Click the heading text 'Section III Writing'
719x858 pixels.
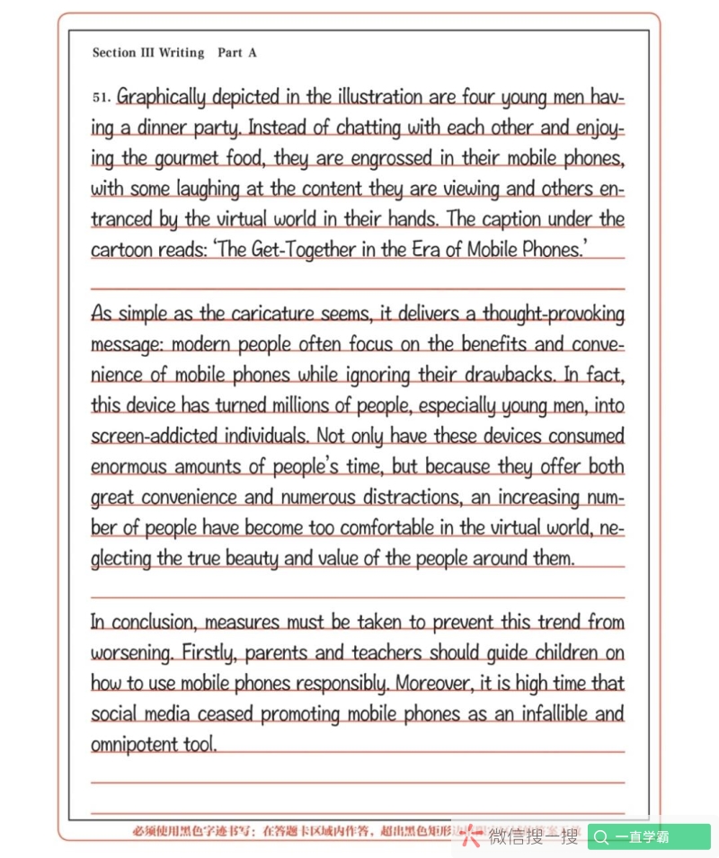tap(148, 53)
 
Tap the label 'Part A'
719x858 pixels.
tap(237, 53)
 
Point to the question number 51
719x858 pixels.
tap(101, 97)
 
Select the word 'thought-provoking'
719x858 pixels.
tap(553, 314)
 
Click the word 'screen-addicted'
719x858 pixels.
tap(152, 437)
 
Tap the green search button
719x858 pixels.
tap(649, 837)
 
